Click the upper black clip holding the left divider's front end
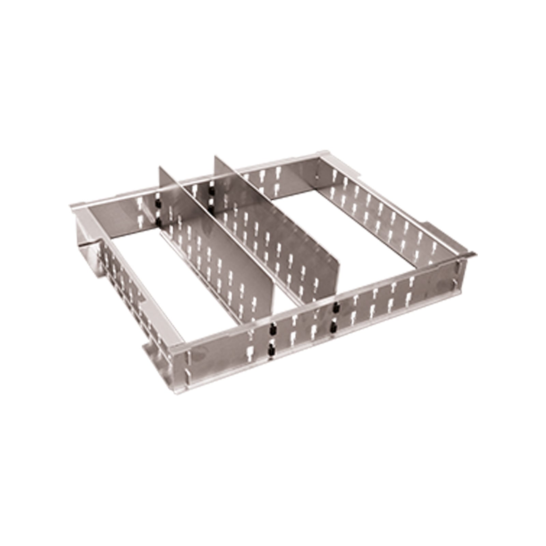[273, 330]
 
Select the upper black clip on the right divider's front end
[336, 306]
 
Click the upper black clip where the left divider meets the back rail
[158, 204]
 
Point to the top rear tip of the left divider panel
[160, 167]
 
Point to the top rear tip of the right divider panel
[216, 157]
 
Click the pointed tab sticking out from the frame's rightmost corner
[473, 255]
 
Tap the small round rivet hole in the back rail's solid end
[316, 177]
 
